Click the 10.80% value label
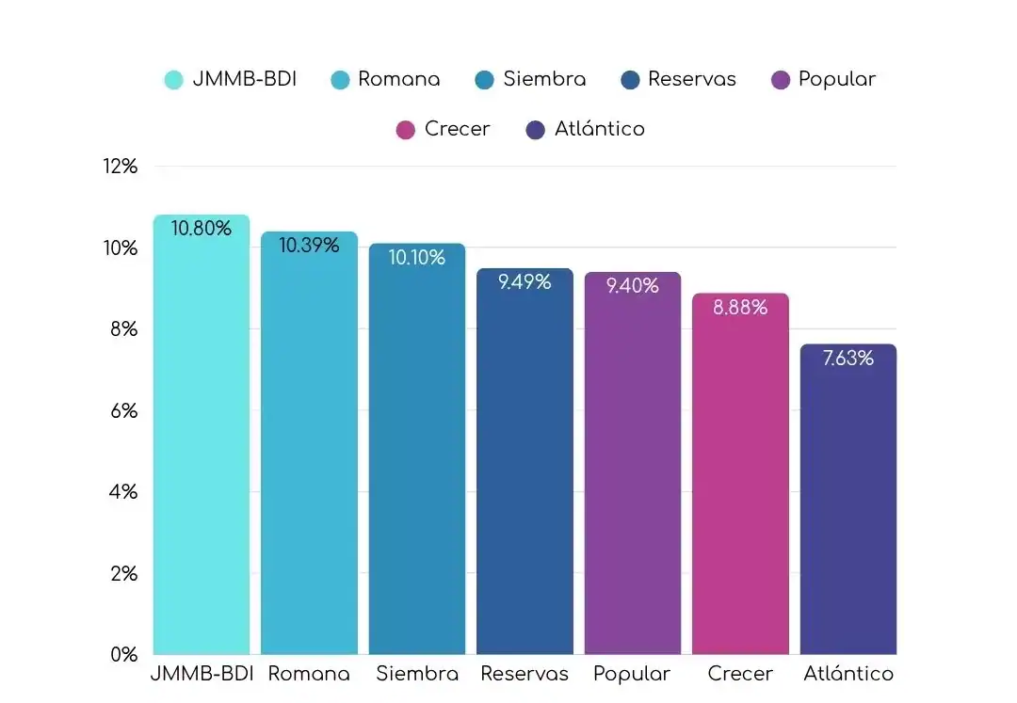tap(201, 229)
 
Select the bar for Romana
tap(309, 452)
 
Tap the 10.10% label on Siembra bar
tap(416, 258)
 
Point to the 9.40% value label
tap(632, 286)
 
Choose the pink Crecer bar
tap(740, 480)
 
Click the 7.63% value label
tap(847, 359)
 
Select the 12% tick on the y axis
tap(121, 167)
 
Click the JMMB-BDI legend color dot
tap(173, 80)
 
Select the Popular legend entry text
tap(836, 79)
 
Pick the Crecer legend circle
tap(406, 130)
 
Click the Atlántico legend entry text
tap(599, 129)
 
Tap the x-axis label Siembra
tap(417, 674)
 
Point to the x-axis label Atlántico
tap(847, 674)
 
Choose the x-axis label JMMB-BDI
tap(202, 674)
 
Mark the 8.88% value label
tap(740, 308)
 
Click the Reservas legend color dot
tap(630, 80)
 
